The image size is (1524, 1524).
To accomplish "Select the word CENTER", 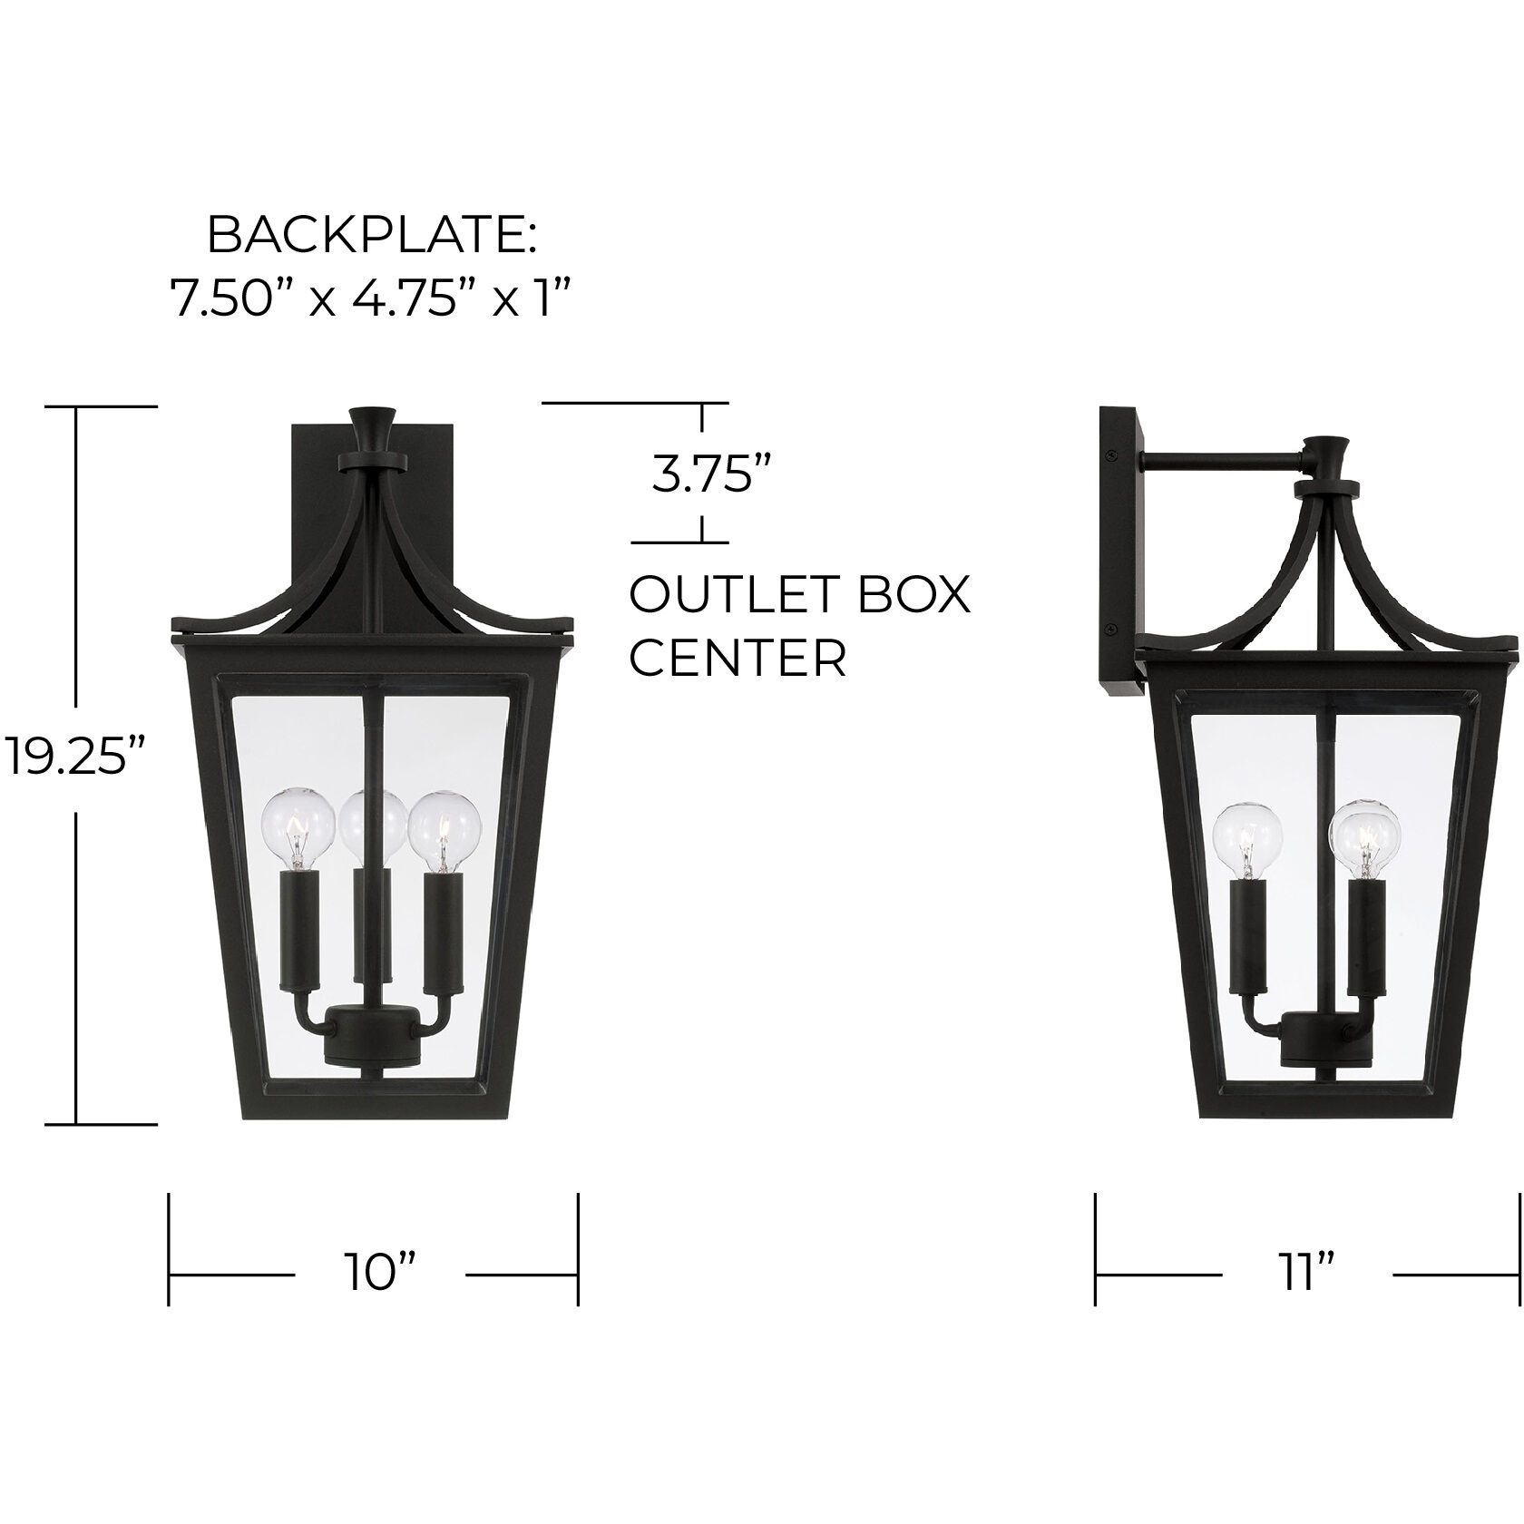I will pos(738,658).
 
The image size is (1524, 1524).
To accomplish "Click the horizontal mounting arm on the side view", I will pos(1220,464).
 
